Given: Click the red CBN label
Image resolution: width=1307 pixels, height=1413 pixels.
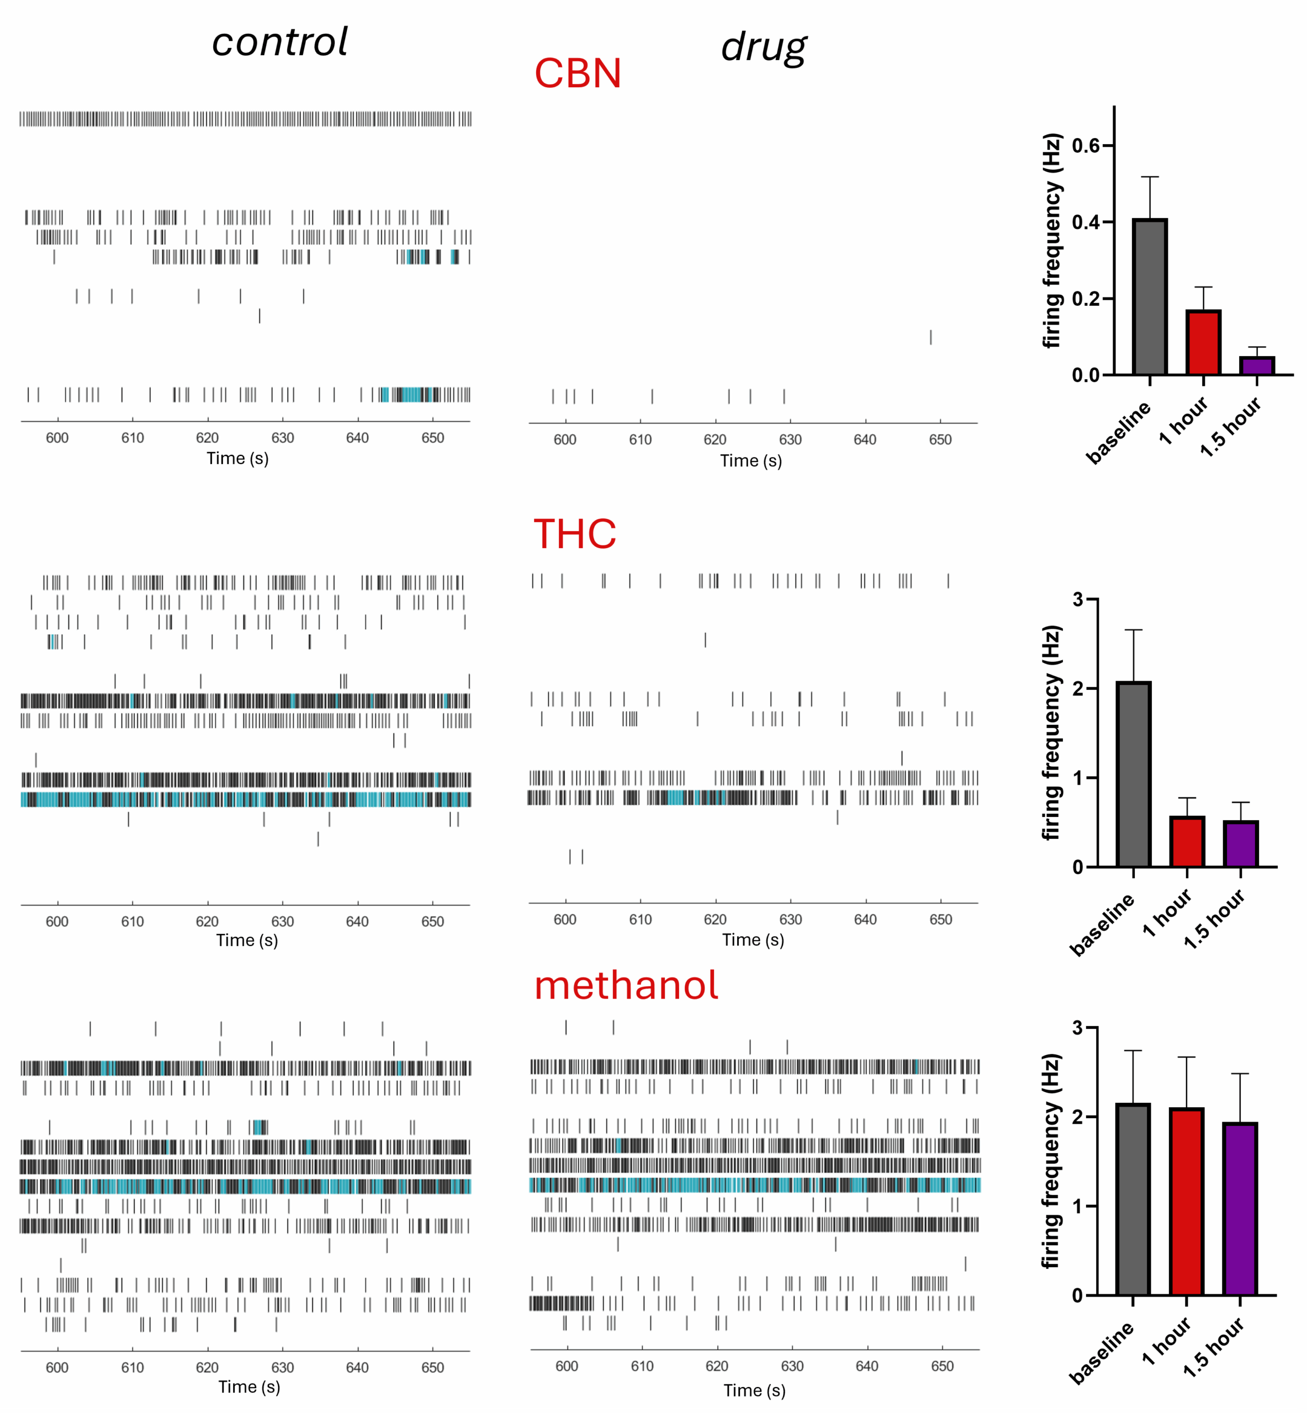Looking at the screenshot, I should (577, 73).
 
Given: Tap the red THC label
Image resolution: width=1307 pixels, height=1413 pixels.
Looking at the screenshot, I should (574, 534).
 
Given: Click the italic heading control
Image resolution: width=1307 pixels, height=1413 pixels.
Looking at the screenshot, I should (280, 42).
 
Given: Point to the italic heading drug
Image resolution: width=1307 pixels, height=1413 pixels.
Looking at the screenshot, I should (764, 47).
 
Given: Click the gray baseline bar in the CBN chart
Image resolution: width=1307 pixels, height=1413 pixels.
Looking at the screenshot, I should (1149, 297).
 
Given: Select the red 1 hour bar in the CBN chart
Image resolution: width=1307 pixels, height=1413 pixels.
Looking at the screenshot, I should (1203, 342).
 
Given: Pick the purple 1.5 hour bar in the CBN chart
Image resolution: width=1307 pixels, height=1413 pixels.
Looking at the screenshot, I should (1257, 365).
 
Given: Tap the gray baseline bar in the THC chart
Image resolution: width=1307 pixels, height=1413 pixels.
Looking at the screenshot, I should (1133, 774).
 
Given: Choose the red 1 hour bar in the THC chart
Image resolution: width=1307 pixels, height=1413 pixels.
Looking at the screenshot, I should (1187, 841).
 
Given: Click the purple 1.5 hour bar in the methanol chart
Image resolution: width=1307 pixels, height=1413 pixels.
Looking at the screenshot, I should (1240, 1209).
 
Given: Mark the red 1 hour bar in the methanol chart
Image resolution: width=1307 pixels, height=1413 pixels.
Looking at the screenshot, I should (1186, 1202).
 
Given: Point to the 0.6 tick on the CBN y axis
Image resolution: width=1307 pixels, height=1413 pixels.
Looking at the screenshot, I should (1086, 146).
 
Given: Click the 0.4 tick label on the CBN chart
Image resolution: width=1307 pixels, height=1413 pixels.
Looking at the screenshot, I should (1086, 222).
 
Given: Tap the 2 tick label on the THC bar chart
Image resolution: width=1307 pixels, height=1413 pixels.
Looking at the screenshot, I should (1077, 688).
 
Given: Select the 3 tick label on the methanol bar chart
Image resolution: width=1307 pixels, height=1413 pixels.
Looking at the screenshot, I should (1077, 1028).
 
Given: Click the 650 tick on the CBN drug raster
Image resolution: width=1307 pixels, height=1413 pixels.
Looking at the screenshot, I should (940, 440).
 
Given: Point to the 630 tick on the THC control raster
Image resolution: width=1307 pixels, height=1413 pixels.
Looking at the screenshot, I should (282, 922).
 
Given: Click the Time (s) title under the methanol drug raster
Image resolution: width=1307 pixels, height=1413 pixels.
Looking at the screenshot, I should (754, 1390).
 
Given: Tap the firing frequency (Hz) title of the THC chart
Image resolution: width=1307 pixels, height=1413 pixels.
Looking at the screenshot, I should (1052, 732).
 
